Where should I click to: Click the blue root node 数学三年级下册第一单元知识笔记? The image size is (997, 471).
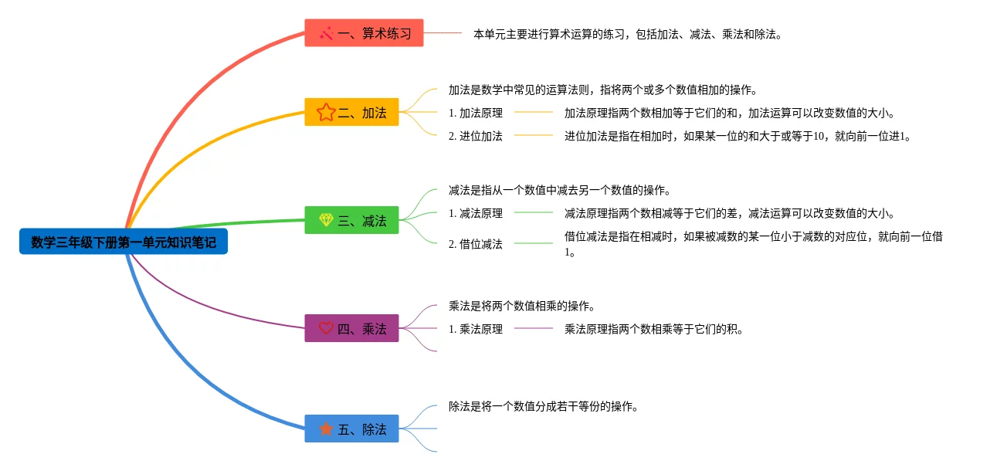124,242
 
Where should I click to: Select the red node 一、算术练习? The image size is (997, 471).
364,33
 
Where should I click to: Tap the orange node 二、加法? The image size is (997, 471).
351,113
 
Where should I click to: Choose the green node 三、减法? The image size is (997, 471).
351,221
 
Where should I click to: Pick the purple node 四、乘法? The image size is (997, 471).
351,329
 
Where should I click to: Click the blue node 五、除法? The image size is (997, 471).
351,429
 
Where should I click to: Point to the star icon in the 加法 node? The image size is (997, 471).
325,113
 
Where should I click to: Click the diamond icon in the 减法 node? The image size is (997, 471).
326,221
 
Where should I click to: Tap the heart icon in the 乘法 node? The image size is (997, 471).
326,329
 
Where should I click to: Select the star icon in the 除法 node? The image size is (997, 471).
326,429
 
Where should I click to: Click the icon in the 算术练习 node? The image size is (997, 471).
326,33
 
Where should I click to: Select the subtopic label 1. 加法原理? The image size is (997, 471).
475,114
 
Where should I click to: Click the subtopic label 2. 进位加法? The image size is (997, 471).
475,137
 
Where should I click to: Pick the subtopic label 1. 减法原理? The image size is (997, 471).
475,214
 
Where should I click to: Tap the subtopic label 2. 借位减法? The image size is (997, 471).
475,245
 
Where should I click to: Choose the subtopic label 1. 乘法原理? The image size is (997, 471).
475,330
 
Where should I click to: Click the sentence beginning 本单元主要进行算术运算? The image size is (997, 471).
627,35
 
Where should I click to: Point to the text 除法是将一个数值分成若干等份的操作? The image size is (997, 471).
543,407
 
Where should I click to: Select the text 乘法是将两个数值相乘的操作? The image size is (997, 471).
521,307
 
